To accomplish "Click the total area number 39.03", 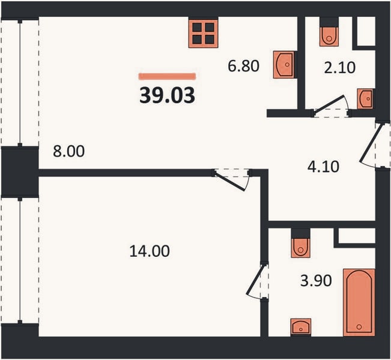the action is [x=167, y=95].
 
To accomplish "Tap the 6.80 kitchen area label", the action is [x=244, y=66].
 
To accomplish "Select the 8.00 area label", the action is [x=69, y=151].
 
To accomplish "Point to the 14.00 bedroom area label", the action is [x=150, y=251].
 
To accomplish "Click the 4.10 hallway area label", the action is [x=323, y=167].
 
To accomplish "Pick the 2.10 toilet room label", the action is [x=339, y=68].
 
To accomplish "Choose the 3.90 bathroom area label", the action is [x=316, y=281].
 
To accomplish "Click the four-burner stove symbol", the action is [x=203, y=34].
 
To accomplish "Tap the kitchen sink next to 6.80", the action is [x=283, y=65].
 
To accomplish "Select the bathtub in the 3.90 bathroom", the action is [x=359, y=302].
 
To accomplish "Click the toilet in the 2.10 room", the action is [x=329, y=36].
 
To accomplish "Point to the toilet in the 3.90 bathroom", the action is [x=301, y=248].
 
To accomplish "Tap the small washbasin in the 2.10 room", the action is [x=365, y=98].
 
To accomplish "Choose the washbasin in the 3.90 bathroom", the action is [x=301, y=326].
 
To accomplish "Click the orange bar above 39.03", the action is [x=167, y=76].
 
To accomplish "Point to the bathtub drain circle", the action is [x=359, y=326].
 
